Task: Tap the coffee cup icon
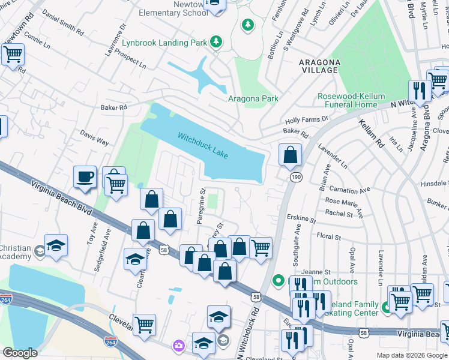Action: coord(85,177)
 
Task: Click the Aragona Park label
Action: coord(253,99)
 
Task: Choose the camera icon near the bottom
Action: coord(178,346)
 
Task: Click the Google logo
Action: coord(20,353)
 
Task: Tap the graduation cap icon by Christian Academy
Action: coord(56,245)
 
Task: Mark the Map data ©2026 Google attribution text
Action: coord(411,355)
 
